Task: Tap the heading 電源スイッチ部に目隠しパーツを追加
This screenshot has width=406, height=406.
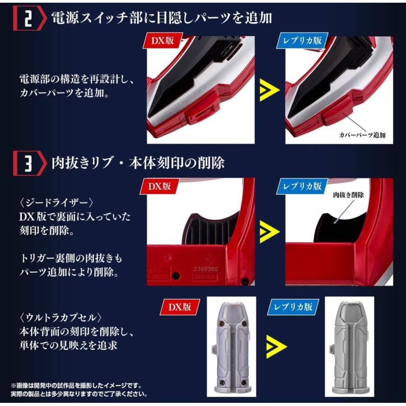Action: click(x=161, y=18)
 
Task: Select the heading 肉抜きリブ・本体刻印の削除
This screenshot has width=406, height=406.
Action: click(x=138, y=162)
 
